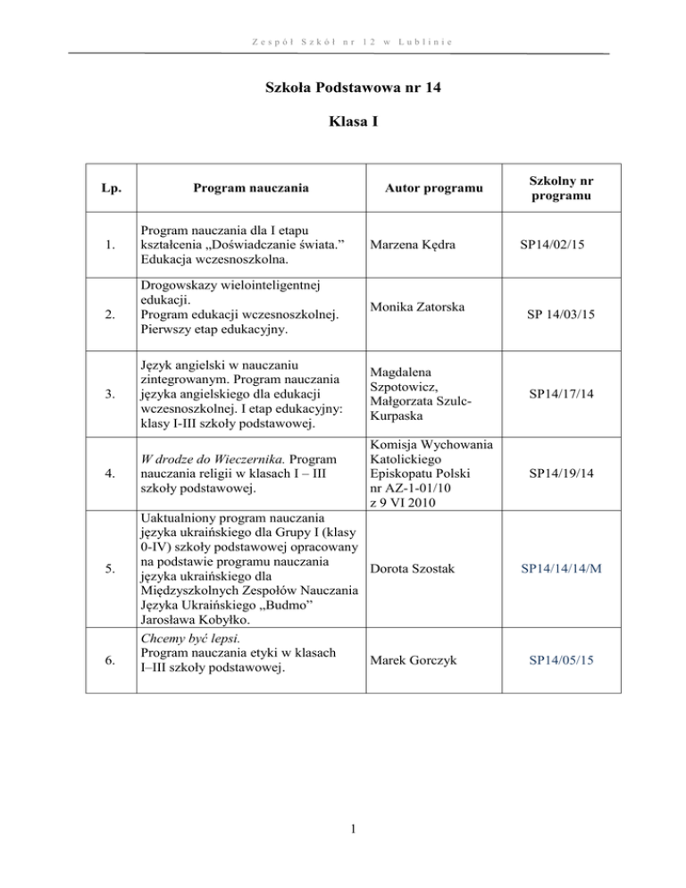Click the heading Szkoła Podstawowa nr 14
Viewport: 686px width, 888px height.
click(342, 88)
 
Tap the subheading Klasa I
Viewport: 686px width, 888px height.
click(342, 140)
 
